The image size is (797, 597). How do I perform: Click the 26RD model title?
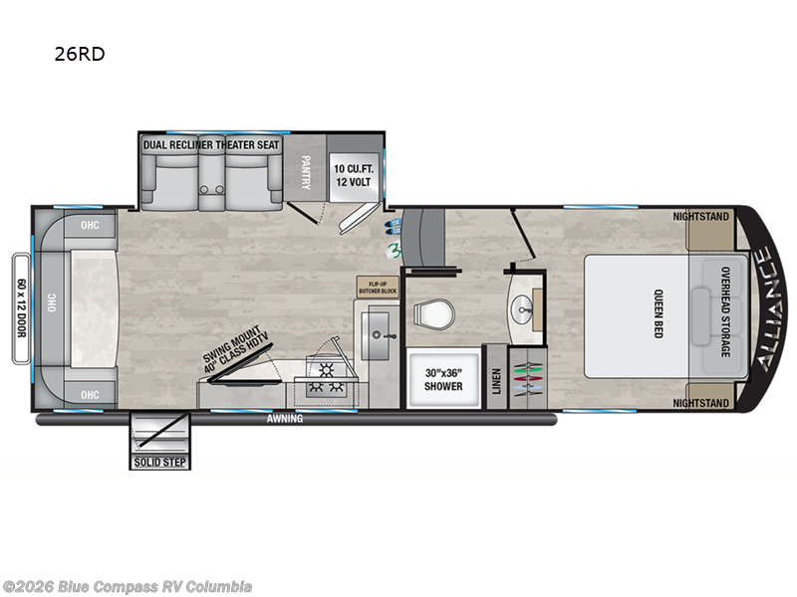coord(80,55)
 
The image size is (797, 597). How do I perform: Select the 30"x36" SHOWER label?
coord(443,379)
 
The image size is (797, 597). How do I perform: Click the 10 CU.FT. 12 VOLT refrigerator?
coord(353,174)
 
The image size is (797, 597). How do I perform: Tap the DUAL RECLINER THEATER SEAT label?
coord(210,145)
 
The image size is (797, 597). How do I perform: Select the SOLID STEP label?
coord(159,462)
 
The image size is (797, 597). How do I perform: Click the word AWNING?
coord(285,419)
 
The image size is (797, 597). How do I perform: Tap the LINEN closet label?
coord(496,380)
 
